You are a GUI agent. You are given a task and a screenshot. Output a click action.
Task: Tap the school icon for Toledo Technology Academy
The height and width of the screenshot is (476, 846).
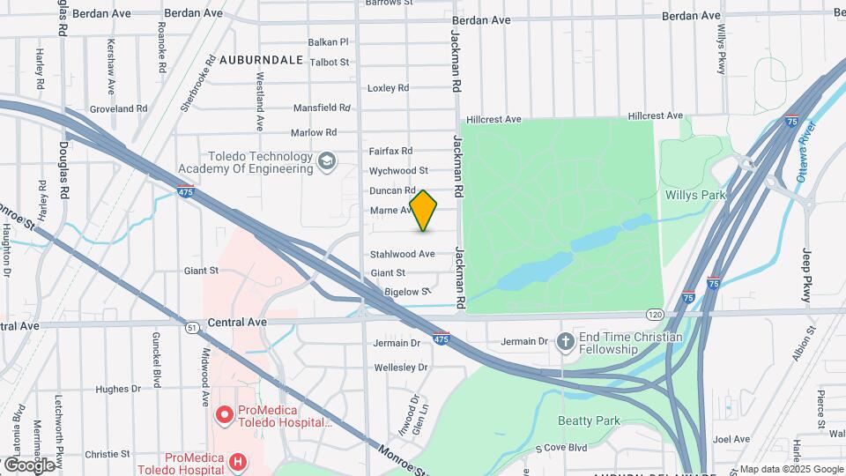[x=327, y=160]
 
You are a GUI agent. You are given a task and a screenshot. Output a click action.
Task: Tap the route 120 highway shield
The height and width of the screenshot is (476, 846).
[x=653, y=314]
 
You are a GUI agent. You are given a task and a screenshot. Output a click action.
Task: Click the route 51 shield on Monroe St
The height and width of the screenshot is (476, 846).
[x=191, y=327]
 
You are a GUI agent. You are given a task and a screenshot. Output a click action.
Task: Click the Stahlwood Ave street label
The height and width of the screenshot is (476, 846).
[x=402, y=254]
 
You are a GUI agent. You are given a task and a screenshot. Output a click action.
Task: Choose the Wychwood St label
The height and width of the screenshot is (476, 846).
[x=398, y=170]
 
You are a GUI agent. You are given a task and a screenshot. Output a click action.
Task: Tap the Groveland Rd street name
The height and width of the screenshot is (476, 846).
[x=118, y=108]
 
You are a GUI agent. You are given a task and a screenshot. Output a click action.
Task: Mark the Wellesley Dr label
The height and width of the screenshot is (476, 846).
[x=401, y=367]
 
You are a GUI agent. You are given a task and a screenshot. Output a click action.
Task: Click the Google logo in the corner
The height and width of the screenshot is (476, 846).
[x=29, y=465]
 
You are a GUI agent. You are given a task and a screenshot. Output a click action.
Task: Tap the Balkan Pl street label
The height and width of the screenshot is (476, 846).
[x=329, y=41]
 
